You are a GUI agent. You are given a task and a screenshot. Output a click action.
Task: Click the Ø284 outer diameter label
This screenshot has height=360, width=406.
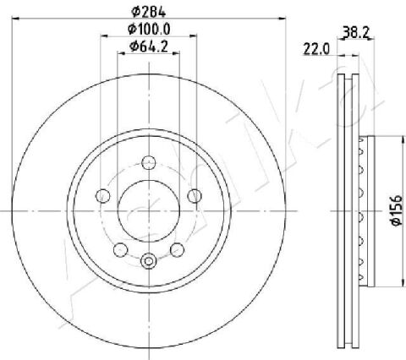(149, 12)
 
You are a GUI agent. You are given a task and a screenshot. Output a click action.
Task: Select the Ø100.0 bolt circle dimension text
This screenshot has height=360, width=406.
(149, 29)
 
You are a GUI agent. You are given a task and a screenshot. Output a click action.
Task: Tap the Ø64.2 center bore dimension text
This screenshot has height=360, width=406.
(149, 46)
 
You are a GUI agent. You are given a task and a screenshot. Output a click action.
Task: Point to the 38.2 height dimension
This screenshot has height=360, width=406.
(356, 32)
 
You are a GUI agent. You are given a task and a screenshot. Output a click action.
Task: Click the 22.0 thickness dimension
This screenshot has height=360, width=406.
(316, 49)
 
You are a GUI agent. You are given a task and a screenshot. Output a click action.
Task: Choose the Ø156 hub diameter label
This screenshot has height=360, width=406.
(396, 210)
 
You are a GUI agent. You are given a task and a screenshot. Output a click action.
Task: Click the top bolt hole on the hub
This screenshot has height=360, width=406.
(149, 163)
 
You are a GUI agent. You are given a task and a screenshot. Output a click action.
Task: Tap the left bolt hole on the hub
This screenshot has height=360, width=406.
(103, 196)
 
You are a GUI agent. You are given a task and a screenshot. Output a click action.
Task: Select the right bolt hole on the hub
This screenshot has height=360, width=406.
(195, 196)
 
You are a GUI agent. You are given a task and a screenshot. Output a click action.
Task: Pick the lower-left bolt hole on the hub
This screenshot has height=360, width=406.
(120, 249)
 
